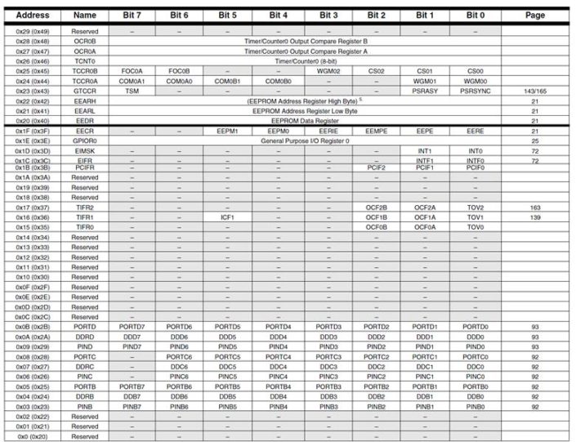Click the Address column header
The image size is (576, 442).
coord(33,16)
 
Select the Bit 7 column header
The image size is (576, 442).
coord(132,16)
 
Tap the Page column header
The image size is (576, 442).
coord(534,16)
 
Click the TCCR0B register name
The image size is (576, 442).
coord(85,70)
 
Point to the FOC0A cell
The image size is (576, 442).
coord(132,70)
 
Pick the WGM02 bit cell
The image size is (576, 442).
coord(328,70)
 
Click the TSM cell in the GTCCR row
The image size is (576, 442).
coord(132,91)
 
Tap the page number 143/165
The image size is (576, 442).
coord(534,91)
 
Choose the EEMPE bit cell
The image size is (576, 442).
coord(376,131)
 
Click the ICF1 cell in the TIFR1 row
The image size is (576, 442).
coord(227,217)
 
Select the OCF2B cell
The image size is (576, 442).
coord(376,208)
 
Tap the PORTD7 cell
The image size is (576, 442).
coord(132,327)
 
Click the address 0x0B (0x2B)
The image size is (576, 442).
coord(33,327)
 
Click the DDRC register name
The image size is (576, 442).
coord(85,367)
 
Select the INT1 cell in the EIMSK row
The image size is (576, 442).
coord(425,151)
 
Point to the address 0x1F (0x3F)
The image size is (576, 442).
coord(33,131)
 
